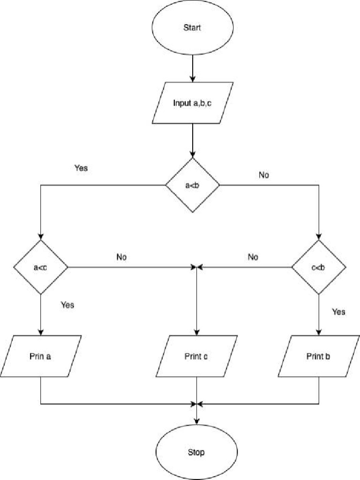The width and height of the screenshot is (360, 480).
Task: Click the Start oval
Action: (192, 28)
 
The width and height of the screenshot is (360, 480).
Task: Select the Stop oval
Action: (196, 452)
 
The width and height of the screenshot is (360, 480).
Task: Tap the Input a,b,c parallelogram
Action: (192, 103)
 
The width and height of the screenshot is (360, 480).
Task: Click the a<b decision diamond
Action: (192, 185)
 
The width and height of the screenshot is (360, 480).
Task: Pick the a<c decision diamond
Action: (41, 267)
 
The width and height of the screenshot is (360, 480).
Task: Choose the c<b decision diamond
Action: (319, 267)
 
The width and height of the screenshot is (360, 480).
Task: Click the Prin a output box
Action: (41, 356)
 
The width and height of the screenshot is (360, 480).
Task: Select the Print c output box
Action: (196, 356)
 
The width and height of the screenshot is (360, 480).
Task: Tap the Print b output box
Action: (319, 356)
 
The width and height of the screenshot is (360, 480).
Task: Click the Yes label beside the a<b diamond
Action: (81, 168)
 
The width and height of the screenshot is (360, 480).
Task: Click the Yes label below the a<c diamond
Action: (67, 305)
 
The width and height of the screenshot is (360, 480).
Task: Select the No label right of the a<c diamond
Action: (121, 257)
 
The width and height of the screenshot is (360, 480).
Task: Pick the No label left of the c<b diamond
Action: (253, 257)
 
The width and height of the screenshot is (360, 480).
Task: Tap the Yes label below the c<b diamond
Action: (338, 312)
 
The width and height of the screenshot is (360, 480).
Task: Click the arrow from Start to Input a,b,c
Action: (192, 68)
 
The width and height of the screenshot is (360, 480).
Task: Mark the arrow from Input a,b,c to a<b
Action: (192, 141)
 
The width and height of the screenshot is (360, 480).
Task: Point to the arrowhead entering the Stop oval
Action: (196, 420)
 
